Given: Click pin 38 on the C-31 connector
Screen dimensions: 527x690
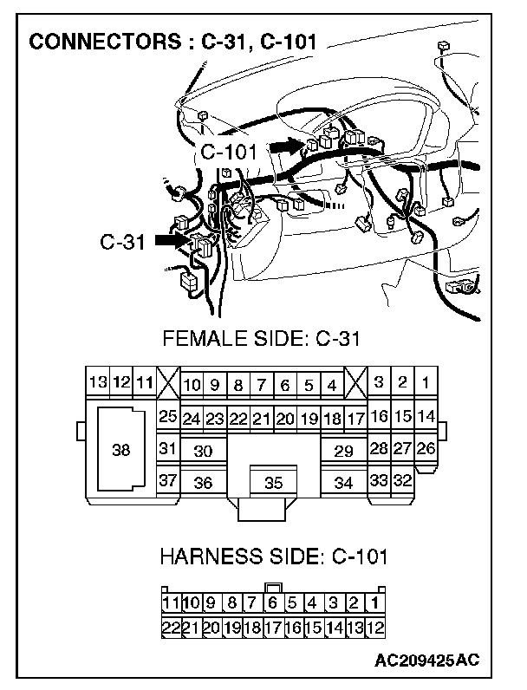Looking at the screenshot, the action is pyautogui.click(x=121, y=450).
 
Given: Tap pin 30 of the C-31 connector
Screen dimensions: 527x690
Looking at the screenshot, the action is pyautogui.click(x=203, y=451).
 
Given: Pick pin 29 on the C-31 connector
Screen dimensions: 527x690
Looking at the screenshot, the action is pyautogui.click(x=343, y=451).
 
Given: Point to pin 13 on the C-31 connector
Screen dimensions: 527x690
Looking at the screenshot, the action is pyautogui.click(x=98, y=382).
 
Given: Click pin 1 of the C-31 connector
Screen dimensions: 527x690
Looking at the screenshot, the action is pyautogui.click(x=426, y=382).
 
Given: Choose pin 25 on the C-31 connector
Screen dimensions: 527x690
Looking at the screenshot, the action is pyautogui.click(x=167, y=418).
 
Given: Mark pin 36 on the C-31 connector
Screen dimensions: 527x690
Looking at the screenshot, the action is pyautogui.click(x=203, y=483).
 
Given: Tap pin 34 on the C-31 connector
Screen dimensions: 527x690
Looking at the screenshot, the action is pyautogui.click(x=343, y=483).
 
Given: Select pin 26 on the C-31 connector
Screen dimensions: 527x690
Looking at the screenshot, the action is pyautogui.click(x=425, y=449).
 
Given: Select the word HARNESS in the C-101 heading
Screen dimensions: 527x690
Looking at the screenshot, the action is pyautogui.click(x=203, y=555).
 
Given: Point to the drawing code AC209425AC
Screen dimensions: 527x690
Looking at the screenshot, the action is pyautogui.click(x=426, y=661).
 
